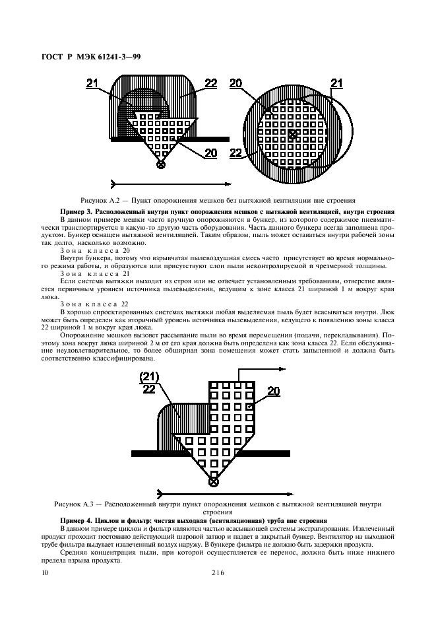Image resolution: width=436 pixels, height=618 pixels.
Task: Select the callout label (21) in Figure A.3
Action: coord(150,376)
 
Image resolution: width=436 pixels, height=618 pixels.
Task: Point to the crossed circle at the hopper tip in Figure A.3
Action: coord(214,483)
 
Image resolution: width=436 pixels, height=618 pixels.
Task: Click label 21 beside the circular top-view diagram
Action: coord(336,83)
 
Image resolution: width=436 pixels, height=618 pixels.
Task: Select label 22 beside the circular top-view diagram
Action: coord(235,152)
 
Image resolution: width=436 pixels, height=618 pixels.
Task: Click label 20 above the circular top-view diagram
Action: coord(236,83)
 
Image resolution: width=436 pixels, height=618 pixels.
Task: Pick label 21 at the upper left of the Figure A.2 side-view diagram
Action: coord(92,83)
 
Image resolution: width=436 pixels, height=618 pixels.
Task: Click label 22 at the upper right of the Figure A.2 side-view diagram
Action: coord(210,83)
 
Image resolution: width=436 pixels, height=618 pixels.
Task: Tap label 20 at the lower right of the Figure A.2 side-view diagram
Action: coord(210,153)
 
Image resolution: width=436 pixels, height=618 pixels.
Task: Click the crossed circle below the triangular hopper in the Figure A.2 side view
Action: coord(160,164)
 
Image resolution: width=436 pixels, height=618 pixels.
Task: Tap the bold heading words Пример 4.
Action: coord(76,520)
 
